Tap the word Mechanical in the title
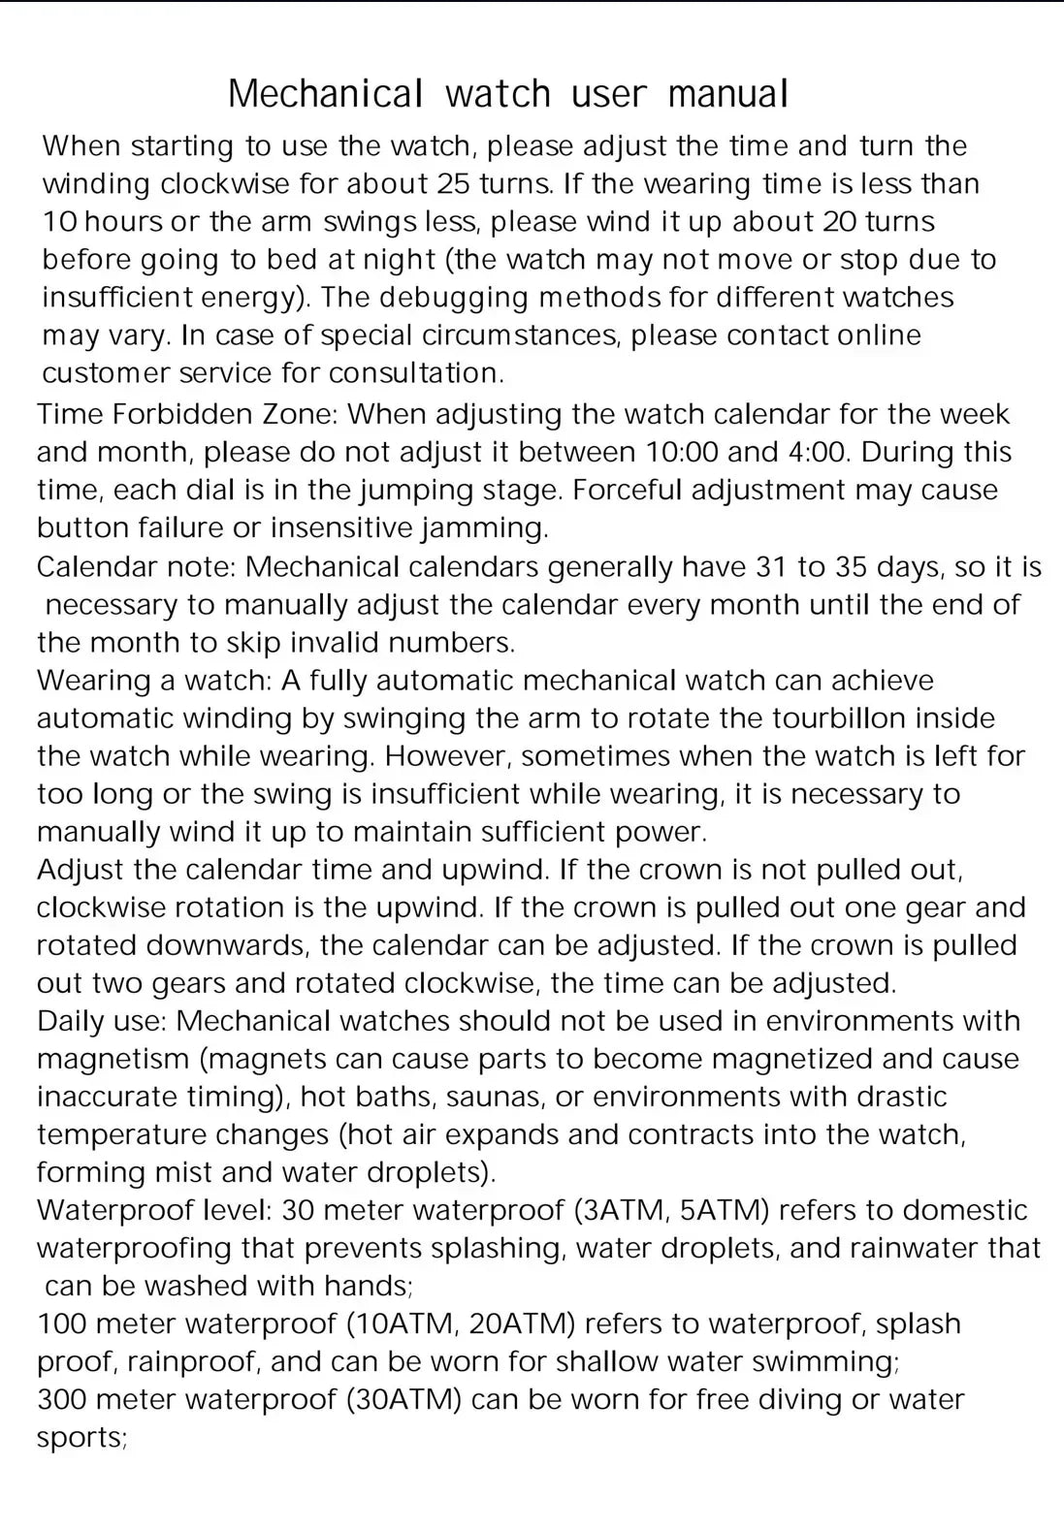[x=326, y=94]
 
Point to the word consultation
[x=416, y=372]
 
